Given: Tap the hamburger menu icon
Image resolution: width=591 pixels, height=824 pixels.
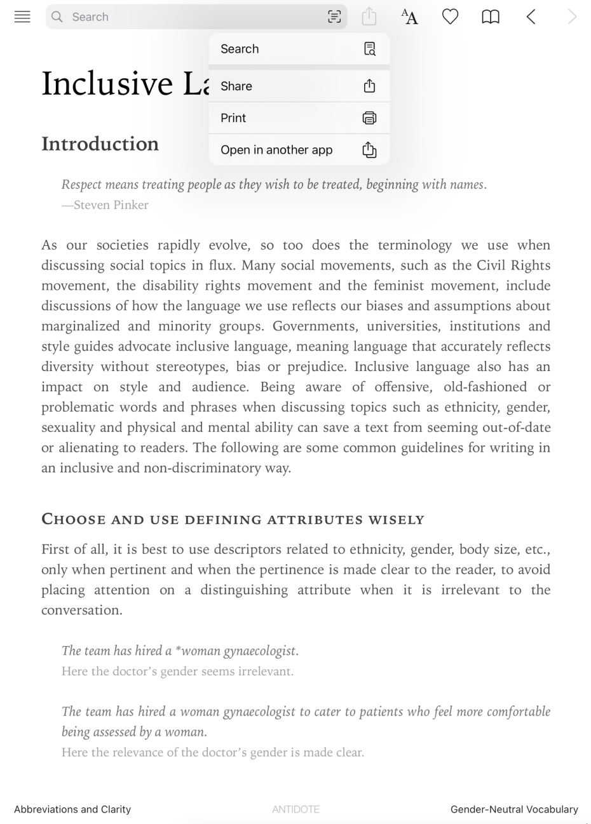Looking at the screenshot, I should pos(22,17).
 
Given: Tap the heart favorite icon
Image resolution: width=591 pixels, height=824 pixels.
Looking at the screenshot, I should pos(450,17).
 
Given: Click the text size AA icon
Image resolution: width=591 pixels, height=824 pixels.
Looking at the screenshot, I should pos(410,17).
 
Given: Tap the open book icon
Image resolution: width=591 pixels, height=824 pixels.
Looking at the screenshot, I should pos(491,17).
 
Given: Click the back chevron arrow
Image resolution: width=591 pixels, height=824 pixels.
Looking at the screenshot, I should pos(531,17).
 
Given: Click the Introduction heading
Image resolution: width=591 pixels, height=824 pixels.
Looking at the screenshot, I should pos(100,144).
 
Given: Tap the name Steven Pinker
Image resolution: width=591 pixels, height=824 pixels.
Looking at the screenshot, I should pos(111,205).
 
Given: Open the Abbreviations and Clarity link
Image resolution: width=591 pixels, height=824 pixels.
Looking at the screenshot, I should pos(72,809).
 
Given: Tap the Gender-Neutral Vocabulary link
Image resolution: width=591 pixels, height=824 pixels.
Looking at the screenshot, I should pos(514,809).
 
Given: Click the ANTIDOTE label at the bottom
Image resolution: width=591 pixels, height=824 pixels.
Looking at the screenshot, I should pos(295,809).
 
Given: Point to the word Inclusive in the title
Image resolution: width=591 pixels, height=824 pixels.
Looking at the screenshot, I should pos(107,84).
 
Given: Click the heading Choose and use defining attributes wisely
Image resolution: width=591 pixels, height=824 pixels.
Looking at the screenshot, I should pos(233,520).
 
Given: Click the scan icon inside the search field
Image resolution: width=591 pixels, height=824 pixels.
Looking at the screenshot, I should pos(334,17).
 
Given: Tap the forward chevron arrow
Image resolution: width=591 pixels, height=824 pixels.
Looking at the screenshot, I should pos(572,17).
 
